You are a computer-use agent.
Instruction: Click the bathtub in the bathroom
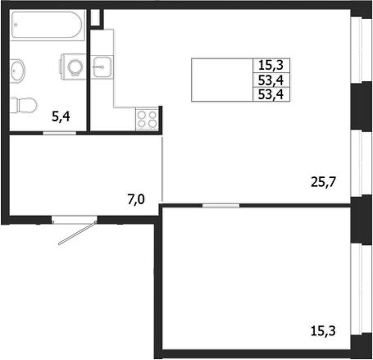[47, 25]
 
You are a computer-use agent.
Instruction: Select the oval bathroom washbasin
[17, 71]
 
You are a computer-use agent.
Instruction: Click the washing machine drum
[75, 66]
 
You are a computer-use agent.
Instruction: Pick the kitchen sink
[102, 67]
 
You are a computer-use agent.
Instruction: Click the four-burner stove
[147, 119]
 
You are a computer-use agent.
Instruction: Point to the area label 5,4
[61, 116]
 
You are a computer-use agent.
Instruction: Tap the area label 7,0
[136, 199]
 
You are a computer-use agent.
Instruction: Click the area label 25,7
[323, 182]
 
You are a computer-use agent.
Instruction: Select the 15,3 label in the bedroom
[323, 330]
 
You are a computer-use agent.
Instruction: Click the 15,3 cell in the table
[271, 66]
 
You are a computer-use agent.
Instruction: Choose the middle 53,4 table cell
[271, 80]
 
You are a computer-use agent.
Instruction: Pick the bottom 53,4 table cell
[271, 94]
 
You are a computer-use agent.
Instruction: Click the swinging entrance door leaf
[77, 233]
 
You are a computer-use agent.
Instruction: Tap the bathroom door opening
[59, 133]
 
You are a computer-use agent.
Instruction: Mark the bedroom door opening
[221, 205]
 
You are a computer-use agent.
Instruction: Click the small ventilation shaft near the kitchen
[95, 18]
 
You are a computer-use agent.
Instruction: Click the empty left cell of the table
[222, 80]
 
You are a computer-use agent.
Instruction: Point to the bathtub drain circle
[16, 25]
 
